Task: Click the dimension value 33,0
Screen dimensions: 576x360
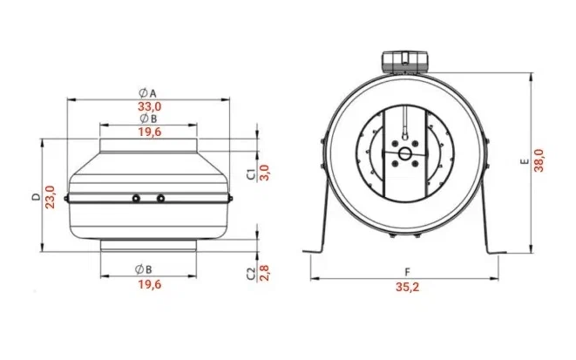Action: pyautogui.click(x=150, y=107)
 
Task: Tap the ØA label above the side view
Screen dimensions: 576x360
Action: pyautogui.click(x=147, y=93)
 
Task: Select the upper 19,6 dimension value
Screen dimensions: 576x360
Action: pyautogui.click(x=150, y=132)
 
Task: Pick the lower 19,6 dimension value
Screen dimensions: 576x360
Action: pyautogui.click(x=150, y=284)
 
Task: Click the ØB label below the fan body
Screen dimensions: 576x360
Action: pyautogui.click(x=143, y=269)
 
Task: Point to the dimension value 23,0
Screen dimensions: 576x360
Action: pyautogui.click(x=50, y=197)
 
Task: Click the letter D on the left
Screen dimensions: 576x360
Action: pyautogui.click(x=36, y=197)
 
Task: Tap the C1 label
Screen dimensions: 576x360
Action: pyautogui.click(x=251, y=175)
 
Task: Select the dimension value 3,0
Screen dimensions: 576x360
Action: pyautogui.click(x=265, y=173)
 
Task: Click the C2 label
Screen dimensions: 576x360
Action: pyautogui.click(x=251, y=274)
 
